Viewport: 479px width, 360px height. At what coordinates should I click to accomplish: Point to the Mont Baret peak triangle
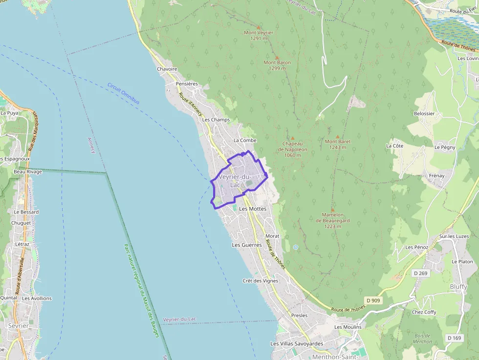pos(337,136)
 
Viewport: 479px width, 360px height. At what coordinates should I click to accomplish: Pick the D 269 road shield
pos(420,273)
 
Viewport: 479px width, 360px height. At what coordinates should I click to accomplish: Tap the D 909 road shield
pos(373,300)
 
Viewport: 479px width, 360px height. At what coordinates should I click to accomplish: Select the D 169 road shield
pos(454,338)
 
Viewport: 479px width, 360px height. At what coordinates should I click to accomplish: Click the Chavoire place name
pos(167,69)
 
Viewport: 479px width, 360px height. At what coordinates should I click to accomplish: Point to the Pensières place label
pos(187,84)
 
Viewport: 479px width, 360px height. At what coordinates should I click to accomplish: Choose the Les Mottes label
pos(253,209)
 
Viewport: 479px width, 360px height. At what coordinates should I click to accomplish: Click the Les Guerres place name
pos(246,245)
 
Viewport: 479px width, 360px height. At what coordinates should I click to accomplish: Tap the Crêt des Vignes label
pos(260,281)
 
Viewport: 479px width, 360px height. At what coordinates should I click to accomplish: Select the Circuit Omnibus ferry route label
pos(123,93)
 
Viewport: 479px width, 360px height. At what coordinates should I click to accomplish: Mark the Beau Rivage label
pos(28,172)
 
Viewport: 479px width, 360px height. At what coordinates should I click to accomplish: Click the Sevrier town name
pos(18,325)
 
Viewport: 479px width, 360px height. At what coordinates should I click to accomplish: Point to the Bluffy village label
pos(458,287)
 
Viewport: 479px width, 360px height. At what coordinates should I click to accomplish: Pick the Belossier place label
pos(424,113)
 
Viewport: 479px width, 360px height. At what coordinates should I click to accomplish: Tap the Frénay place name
pos(436,175)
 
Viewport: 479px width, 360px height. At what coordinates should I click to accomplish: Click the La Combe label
pos(244,140)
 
